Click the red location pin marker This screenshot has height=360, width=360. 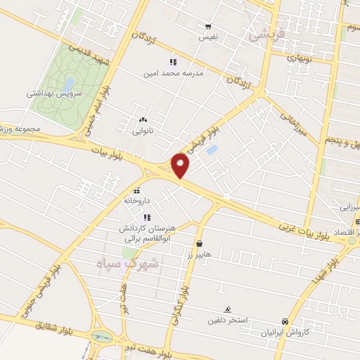(x=181, y=165)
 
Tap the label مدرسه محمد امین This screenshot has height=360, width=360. (x=173, y=72)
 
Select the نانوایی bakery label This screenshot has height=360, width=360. (x=143, y=131)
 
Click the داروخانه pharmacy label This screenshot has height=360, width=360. (x=138, y=200)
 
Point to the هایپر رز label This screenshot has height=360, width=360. (x=199, y=254)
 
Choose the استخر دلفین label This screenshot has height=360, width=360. (x=226, y=321)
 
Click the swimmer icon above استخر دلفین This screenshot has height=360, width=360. (x=227, y=310)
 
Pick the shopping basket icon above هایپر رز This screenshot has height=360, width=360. (x=199, y=243)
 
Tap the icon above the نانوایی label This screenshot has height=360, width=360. (x=143, y=120)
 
